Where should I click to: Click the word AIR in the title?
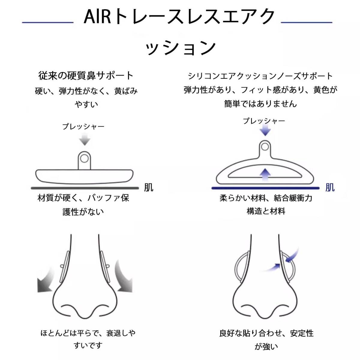click(x=97, y=17)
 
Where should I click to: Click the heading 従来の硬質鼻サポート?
click(x=86, y=76)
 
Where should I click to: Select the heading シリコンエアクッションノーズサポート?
click(x=260, y=76)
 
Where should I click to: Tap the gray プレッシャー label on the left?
click(x=83, y=127)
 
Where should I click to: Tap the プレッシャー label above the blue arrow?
click(x=264, y=121)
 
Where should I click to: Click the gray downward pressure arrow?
click(x=85, y=139)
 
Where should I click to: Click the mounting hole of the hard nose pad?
click(x=84, y=159)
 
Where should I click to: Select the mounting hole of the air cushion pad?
click(x=265, y=147)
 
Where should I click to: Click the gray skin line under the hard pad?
click(x=85, y=188)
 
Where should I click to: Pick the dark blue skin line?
click(x=265, y=188)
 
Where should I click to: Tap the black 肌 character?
click(x=149, y=187)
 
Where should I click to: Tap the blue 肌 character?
click(x=330, y=187)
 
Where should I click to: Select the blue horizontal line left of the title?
click(x=48, y=22)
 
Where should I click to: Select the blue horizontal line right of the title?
click(x=307, y=22)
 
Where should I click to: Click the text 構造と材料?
click(x=266, y=211)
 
